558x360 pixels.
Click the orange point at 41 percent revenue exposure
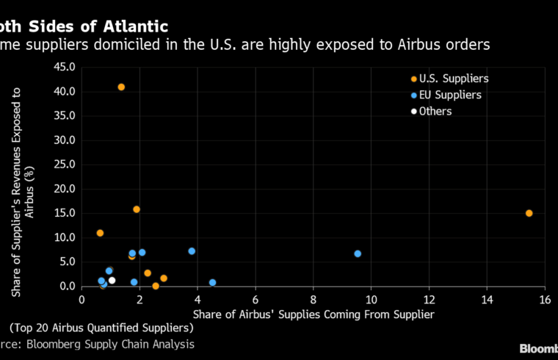pos(121,87)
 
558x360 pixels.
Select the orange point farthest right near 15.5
pos(529,213)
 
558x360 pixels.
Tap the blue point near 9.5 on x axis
pos(358,253)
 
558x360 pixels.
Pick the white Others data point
pos(112,280)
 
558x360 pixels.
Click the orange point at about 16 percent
pos(137,209)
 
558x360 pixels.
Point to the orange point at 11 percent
pos(100,233)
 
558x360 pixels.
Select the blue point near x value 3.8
pos(192,251)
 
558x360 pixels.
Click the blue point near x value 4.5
pos(212,283)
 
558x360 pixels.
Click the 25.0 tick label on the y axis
pos(65,165)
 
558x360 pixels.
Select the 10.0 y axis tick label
pos(65,237)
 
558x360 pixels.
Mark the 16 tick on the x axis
pos(544,299)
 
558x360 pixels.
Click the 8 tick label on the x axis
pos(314,299)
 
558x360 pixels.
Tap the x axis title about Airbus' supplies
pos(314,314)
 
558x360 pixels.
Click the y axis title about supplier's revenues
pos(22,191)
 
